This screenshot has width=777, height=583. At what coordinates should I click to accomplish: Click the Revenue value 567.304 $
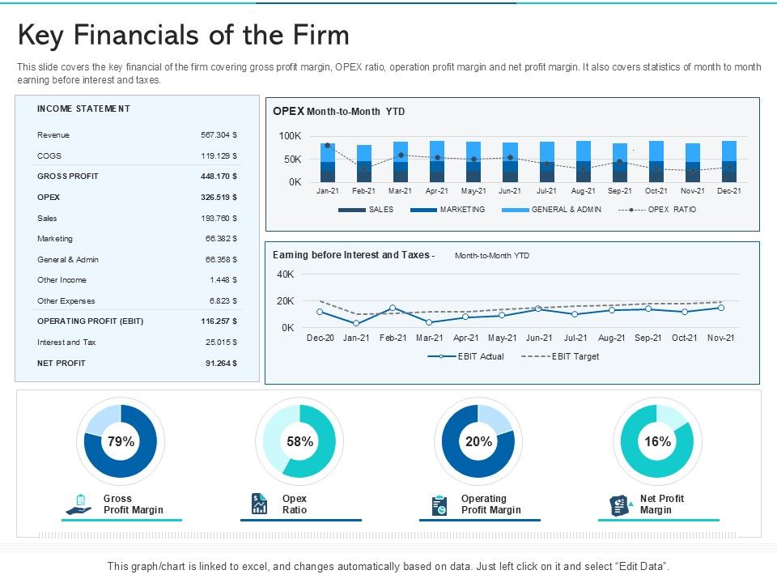pos(219,135)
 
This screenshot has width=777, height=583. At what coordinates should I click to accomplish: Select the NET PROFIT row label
pos(61,364)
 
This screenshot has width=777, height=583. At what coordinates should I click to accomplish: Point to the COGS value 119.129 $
pos(219,155)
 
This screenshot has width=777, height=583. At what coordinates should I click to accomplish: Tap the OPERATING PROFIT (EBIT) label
pos(90,321)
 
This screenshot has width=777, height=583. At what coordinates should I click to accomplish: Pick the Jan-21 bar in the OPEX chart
pos(327,163)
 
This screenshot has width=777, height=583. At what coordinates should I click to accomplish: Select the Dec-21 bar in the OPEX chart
pos(729,161)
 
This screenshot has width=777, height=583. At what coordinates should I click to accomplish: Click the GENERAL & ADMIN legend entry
pos(565,210)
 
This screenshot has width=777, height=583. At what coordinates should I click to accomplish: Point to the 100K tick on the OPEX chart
pos(290,135)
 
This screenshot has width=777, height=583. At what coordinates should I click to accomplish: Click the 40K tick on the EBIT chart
pos(286,274)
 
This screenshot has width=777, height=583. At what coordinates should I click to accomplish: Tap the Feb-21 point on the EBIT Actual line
pos(393,308)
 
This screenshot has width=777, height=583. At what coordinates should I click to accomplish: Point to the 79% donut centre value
pos(121,441)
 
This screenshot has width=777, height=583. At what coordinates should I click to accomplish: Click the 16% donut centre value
pos(657,441)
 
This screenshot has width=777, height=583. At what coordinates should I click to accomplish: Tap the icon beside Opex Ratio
pos(260,504)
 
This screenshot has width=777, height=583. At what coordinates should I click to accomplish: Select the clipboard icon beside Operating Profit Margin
pos(439,504)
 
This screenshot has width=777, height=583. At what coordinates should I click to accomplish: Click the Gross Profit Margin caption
pos(133,504)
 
